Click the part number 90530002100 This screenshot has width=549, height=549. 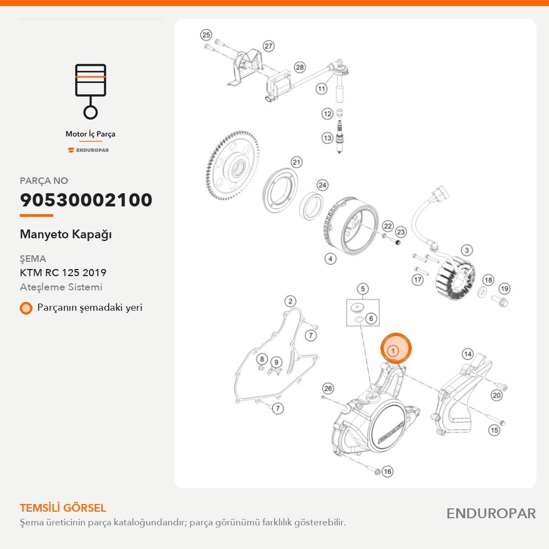(x=86, y=200)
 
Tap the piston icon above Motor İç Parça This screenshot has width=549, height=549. (x=91, y=91)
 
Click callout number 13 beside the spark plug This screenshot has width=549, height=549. (x=327, y=138)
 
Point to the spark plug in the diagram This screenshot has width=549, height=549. (x=339, y=137)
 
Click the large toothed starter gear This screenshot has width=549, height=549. (x=233, y=166)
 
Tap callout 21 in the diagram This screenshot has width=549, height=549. (x=296, y=162)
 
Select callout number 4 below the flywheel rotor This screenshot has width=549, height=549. (x=330, y=259)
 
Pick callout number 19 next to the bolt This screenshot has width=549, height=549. (x=504, y=289)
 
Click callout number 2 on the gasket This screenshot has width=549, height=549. (x=290, y=301)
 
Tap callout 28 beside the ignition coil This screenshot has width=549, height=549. (x=300, y=67)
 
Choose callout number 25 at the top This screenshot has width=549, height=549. (x=206, y=35)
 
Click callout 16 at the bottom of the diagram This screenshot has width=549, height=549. (x=387, y=471)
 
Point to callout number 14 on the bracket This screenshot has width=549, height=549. (x=468, y=354)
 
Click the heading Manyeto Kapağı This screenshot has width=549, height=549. (x=66, y=234)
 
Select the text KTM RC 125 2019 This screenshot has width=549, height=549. (x=63, y=272)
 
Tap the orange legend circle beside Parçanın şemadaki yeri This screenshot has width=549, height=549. (x=26, y=308)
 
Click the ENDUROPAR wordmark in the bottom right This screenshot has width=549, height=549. (x=491, y=513)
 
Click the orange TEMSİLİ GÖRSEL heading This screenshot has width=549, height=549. (x=63, y=508)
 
